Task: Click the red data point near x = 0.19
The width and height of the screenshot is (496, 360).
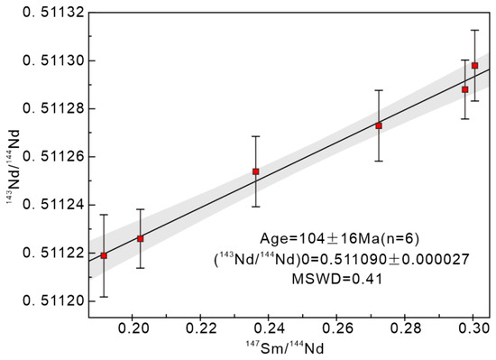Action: [104, 255]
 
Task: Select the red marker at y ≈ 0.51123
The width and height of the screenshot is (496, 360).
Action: [140, 239]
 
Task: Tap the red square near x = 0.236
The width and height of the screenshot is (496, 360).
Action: [255, 171]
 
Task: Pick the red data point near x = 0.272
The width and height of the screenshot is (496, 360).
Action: [379, 126]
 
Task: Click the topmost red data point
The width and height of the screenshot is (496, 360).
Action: [474, 66]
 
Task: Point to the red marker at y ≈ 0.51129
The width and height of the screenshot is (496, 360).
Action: [464, 89]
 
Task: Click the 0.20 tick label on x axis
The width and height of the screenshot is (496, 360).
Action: [133, 328]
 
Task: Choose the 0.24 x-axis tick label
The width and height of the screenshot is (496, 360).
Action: [269, 328]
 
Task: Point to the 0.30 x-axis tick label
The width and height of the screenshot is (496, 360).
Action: [473, 328]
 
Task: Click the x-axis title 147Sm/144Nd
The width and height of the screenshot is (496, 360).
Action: [285, 347]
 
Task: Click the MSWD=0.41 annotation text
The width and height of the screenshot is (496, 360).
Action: [337, 279]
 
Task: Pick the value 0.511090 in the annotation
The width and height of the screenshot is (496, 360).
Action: [354, 260]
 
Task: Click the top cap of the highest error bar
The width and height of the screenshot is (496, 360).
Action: [474, 30]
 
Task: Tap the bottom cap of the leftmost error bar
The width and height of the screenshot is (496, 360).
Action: [104, 297]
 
